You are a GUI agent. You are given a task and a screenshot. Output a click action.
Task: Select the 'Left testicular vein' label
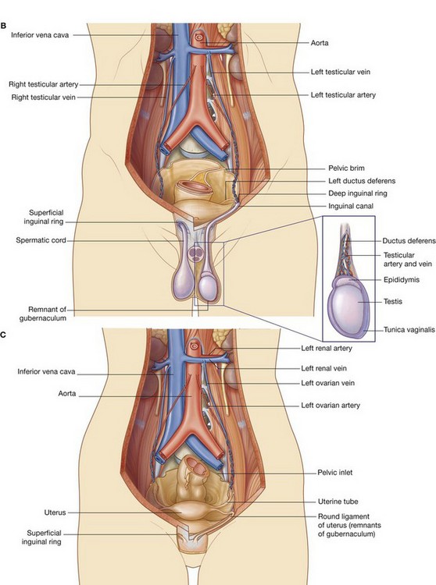pos(342,72)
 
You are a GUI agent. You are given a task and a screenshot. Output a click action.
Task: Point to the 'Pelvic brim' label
pos(348,168)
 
